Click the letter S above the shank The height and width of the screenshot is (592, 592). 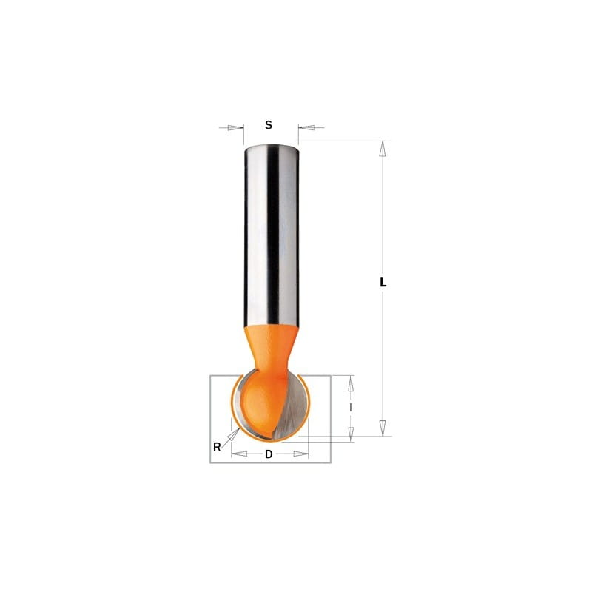(x=269, y=125)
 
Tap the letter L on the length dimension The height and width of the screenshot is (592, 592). (x=383, y=283)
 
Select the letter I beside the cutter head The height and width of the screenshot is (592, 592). (x=351, y=408)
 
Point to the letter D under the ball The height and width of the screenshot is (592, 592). (x=269, y=454)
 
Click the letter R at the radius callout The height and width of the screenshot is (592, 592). (x=217, y=447)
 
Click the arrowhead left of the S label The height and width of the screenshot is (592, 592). (x=235, y=127)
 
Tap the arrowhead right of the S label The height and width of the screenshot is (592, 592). (x=306, y=127)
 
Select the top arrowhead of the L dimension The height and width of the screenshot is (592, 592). (x=383, y=149)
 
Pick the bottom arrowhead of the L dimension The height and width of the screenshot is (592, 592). (x=383, y=428)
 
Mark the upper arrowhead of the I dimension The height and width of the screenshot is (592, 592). (x=351, y=383)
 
